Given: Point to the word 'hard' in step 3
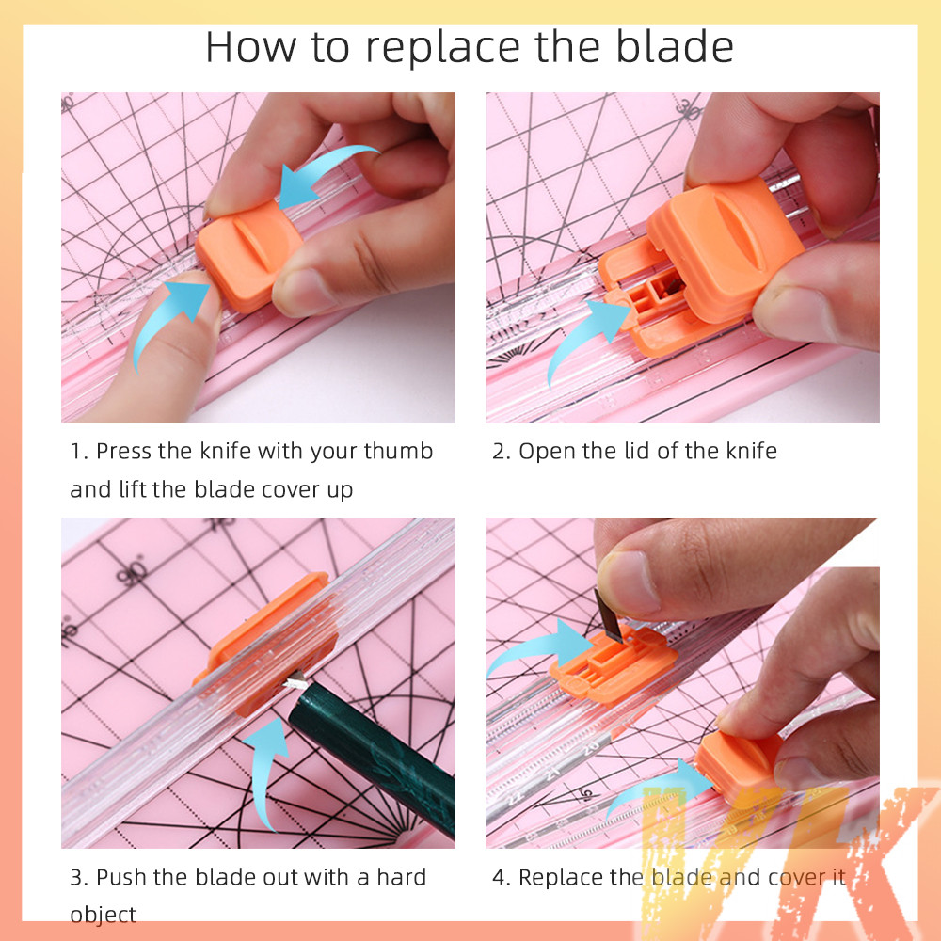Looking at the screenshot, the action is pos(401,877).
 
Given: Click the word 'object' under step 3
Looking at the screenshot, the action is pos(103,916).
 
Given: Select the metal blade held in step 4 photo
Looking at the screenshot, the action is pos(609,615).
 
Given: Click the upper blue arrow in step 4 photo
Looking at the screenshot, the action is pos(540,647).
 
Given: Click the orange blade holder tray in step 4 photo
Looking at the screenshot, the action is pos(613,663).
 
